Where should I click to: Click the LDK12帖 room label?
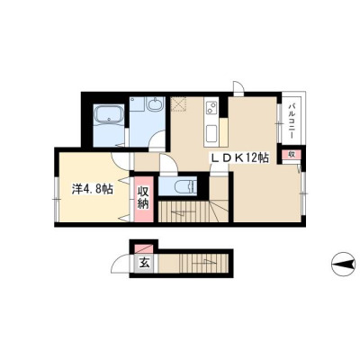240,157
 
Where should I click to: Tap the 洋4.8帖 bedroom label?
93,189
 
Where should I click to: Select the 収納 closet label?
144,198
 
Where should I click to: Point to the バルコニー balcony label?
291,121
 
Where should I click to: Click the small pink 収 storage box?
291,155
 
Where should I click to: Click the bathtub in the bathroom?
109,115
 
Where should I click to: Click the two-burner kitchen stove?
211,108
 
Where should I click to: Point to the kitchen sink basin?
211,134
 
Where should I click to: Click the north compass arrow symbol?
345,265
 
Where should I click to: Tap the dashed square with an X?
179,103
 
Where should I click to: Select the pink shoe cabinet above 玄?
143,249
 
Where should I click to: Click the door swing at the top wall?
239,87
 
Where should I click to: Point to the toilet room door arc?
167,164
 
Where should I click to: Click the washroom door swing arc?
157,139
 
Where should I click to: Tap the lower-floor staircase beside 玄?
195,264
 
